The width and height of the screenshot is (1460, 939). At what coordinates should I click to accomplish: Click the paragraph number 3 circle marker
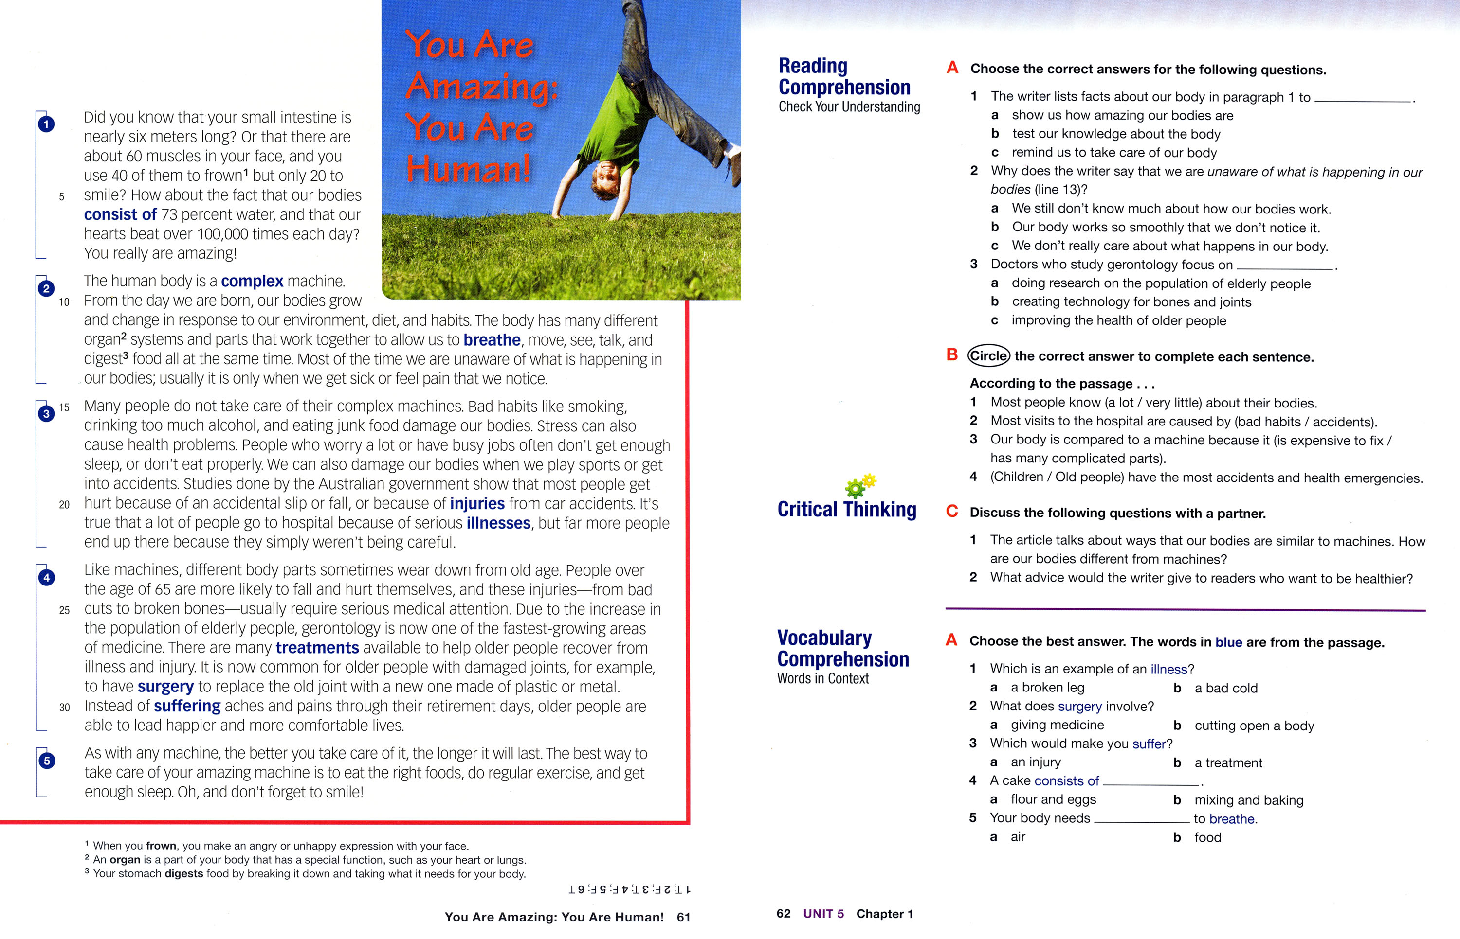[46, 414]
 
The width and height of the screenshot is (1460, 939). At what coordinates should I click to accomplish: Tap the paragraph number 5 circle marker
[46, 761]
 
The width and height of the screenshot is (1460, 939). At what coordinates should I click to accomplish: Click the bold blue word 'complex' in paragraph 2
[252, 281]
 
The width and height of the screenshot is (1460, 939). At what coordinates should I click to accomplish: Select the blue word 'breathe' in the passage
[492, 339]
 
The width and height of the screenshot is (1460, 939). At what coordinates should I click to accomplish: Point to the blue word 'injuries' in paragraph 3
[477, 504]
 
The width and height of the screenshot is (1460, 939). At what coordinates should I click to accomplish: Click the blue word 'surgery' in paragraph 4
[165, 687]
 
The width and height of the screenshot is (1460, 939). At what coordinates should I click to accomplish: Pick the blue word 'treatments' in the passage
[317, 648]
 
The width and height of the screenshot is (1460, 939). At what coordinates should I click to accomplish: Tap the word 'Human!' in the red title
[469, 169]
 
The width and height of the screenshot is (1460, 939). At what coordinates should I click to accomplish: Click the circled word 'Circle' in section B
[988, 356]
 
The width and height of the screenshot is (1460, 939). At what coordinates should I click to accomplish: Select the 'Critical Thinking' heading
[846, 509]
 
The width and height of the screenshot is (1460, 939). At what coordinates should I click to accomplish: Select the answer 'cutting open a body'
[1254, 726]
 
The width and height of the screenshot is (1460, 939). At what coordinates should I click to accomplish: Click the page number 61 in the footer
[683, 917]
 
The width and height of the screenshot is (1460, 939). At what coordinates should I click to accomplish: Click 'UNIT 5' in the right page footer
[823, 913]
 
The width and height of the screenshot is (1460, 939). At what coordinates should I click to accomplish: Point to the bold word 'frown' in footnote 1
[161, 846]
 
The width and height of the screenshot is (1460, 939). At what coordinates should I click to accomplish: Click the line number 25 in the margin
[64, 610]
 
